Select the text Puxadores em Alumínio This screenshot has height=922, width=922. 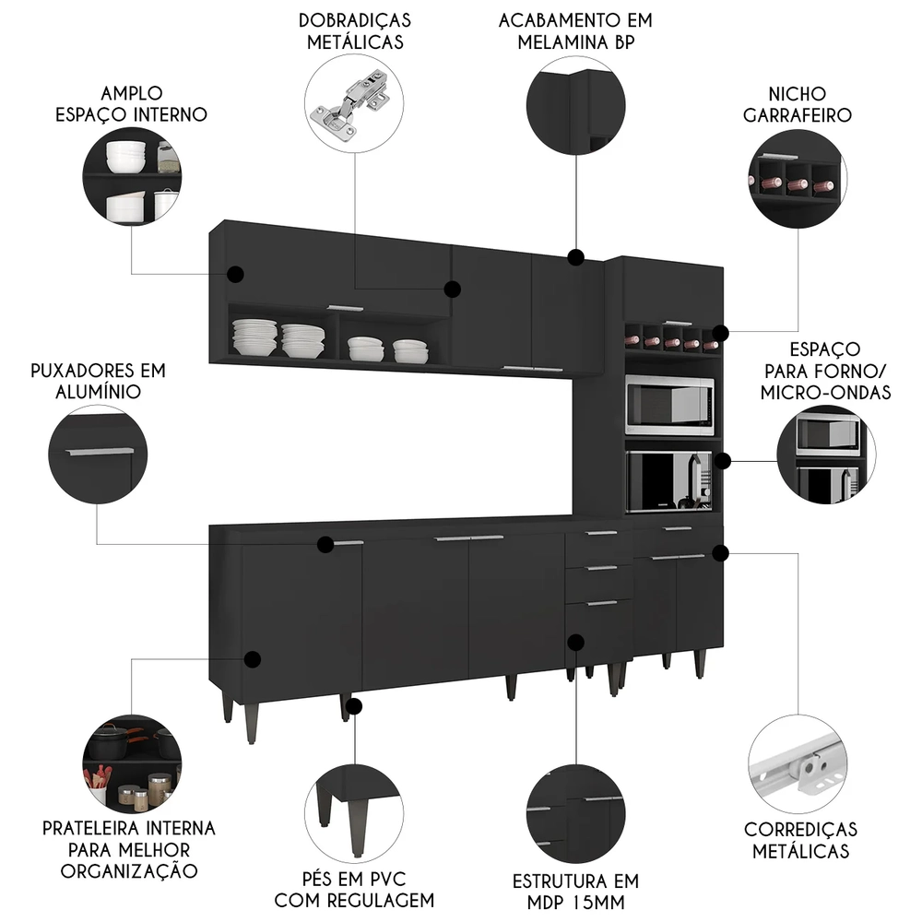click(x=97, y=381)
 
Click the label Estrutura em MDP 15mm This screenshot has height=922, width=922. click(x=576, y=891)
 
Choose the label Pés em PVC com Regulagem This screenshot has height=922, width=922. click(x=355, y=888)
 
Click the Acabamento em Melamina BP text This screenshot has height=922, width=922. click(x=576, y=30)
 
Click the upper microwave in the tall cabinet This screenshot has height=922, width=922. click(x=668, y=405)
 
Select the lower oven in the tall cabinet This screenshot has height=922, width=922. click(x=668, y=480)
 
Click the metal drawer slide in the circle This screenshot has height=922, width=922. click(x=798, y=765)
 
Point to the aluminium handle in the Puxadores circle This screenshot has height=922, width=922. click(x=99, y=452)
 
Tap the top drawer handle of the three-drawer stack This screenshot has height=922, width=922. click(x=600, y=533)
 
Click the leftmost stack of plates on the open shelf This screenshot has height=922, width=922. click(x=254, y=337)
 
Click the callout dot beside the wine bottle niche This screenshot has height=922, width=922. click(x=720, y=333)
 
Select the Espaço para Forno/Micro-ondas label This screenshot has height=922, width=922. click(x=825, y=371)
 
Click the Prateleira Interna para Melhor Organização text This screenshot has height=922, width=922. click(x=129, y=849)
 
